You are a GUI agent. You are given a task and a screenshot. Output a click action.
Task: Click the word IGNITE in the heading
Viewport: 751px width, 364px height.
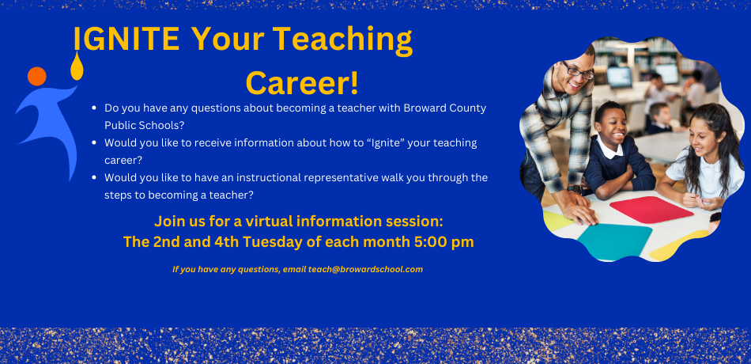126,39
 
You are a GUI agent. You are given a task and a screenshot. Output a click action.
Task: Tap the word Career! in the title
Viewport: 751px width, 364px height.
302,82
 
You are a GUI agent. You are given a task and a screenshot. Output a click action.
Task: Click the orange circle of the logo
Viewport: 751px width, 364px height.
37,76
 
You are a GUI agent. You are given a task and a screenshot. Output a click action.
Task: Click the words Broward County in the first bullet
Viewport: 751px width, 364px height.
444,108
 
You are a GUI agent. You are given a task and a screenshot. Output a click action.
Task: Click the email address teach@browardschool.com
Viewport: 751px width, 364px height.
365,270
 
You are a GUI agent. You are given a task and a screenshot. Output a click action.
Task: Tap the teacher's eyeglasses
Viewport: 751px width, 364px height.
578,71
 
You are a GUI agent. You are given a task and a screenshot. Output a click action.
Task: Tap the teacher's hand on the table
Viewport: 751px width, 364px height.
580,209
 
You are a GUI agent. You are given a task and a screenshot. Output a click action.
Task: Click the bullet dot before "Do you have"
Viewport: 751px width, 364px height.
94,108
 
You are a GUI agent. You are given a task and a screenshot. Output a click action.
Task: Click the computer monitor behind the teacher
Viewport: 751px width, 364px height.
619,77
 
